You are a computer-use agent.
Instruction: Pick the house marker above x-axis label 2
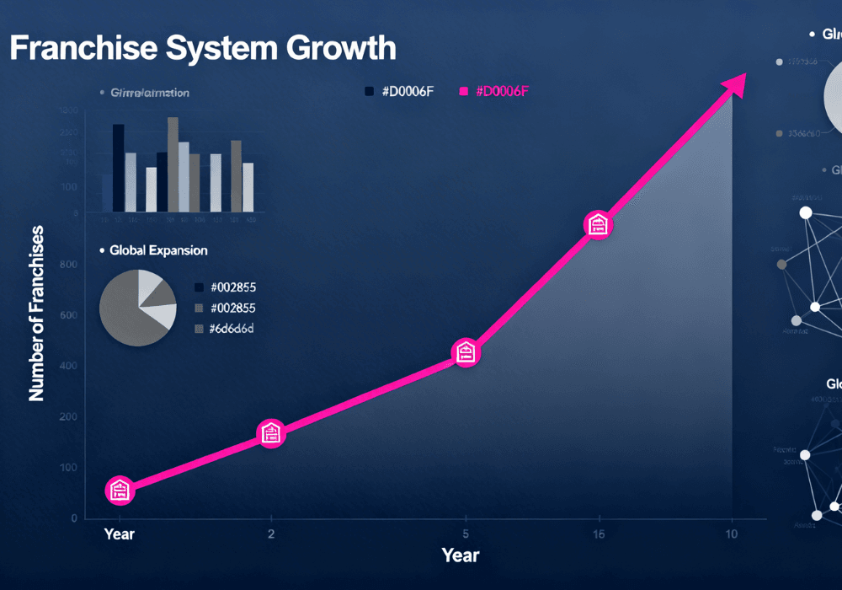click(x=270, y=433)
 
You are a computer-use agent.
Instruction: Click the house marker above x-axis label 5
click(x=466, y=353)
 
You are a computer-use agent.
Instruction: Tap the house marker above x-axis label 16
click(x=598, y=225)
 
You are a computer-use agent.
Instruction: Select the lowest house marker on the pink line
click(x=120, y=490)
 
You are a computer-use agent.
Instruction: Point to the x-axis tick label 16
click(x=598, y=534)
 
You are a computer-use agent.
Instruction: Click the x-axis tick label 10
click(x=731, y=534)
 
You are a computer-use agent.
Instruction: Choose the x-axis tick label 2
click(x=270, y=534)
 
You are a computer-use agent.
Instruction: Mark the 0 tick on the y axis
click(x=74, y=518)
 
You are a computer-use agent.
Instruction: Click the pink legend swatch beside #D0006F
click(x=462, y=91)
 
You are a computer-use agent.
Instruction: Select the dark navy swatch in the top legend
click(x=370, y=91)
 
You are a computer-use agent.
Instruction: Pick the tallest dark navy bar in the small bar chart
click(x=119, y=168)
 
